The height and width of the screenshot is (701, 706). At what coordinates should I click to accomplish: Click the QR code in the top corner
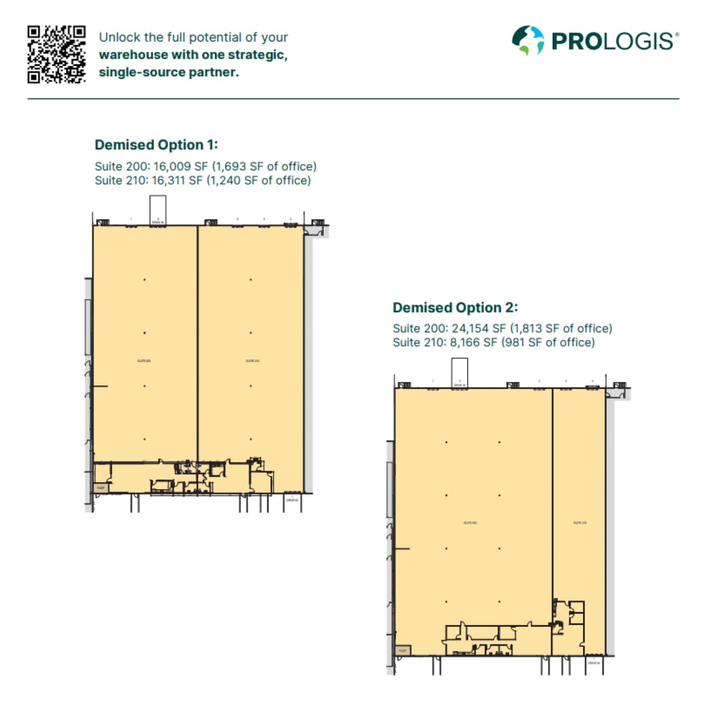[x=56, y=54]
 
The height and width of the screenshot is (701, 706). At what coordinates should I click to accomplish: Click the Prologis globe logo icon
[x=528, y=41]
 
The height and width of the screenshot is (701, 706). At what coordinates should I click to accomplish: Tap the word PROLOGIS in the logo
[x=612, y=41]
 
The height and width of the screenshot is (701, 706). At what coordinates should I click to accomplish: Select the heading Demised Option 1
[x=156, y=145]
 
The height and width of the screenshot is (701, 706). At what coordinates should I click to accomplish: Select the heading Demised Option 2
[x=455, y=307]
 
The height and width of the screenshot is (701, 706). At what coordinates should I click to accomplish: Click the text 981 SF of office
[x=548, y=343]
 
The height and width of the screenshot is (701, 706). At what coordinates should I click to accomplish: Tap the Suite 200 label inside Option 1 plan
[x=144, y=360]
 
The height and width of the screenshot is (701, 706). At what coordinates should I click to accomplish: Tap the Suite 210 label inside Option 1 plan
[x=252, y=360]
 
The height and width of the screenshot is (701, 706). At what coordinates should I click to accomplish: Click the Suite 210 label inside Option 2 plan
[x=580, y=523]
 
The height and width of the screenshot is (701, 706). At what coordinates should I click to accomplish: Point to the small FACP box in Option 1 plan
[x=101, y=488]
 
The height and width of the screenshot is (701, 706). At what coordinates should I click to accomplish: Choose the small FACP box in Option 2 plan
[x=403, y=650]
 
